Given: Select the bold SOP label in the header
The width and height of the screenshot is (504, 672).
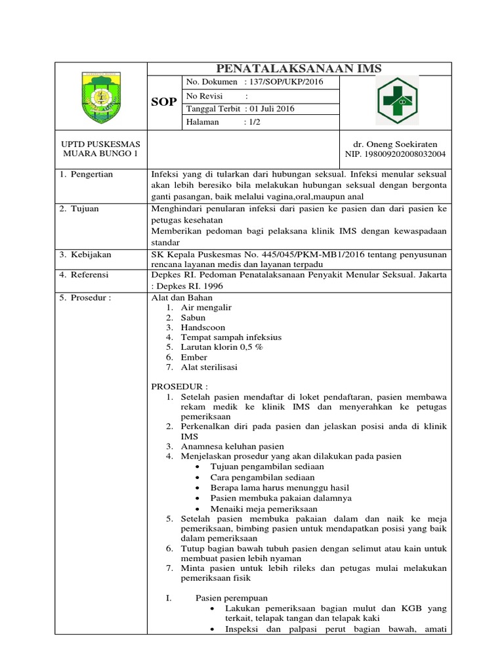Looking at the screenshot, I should (164, 102).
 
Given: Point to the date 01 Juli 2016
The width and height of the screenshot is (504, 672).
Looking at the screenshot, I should (269, 109).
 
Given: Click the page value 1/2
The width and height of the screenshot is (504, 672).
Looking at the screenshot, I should (252, 122).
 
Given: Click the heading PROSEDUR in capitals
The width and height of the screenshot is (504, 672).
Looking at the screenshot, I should (179, 387).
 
